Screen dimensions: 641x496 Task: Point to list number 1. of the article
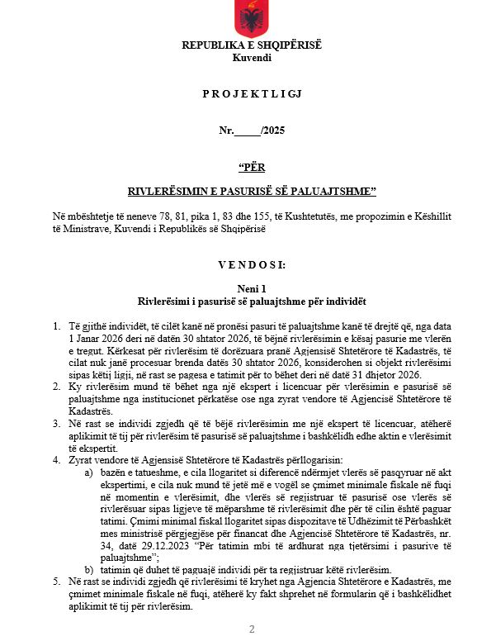55,327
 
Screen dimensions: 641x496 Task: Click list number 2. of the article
55,386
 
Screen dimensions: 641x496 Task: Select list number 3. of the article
55,422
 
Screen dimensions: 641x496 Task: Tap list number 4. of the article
55,458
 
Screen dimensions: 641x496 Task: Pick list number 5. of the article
55,582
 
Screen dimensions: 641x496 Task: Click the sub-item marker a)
89,470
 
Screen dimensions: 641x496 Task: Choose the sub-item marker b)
89,570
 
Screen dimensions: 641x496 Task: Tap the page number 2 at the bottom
252,629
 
